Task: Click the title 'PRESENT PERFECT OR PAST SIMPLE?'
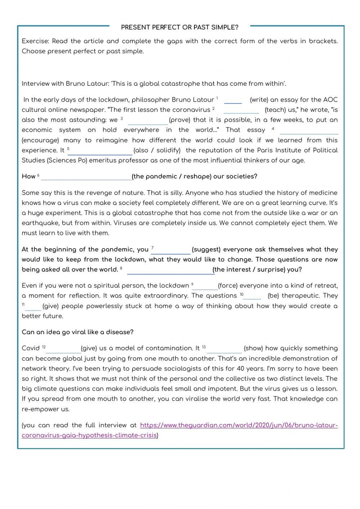point(180,27)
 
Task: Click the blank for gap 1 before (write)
point(233,100)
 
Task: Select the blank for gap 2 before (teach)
point(241,110)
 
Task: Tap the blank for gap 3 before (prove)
point(148,121)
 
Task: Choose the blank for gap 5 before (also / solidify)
point(100,151)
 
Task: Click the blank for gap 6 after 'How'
point(86,177)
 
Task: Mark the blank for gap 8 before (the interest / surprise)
point(171,270)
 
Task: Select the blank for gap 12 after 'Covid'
point(63,349)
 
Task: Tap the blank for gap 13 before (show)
point(224,349)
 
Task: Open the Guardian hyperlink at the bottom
point(239,425)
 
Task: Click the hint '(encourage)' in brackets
point(40,140)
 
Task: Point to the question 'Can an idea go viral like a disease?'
point(77,332)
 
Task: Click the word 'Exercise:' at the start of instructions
point(35,41)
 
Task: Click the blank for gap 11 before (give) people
point(33,307)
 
